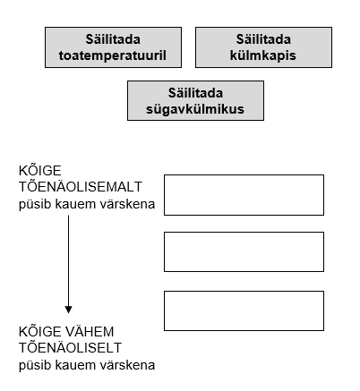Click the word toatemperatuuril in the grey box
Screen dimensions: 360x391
[x=113, y=55]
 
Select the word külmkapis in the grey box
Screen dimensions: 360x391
[x=263, y=55]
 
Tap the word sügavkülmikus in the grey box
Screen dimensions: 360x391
[x=195, y=109]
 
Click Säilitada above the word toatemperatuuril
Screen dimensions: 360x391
[x=113, y=39]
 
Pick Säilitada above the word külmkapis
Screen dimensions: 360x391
[x=263, y=39]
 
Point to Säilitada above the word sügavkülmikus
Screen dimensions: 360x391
[x=195, y=93]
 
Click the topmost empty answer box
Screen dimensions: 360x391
[x=244, y=195]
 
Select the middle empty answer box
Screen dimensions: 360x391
[x=244, y=251]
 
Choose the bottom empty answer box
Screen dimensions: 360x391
[x=244, y=310]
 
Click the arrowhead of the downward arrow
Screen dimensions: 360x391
[x=68, y=310]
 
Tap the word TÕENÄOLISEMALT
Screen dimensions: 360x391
[x=81, y=186]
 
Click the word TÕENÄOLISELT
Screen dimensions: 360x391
[x=70, y=347]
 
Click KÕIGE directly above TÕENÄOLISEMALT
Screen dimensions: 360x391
[x=40, y=170]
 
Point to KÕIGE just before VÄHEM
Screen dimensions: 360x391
[x=40, y=331]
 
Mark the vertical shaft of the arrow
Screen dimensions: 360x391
[x=68, y=260]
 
